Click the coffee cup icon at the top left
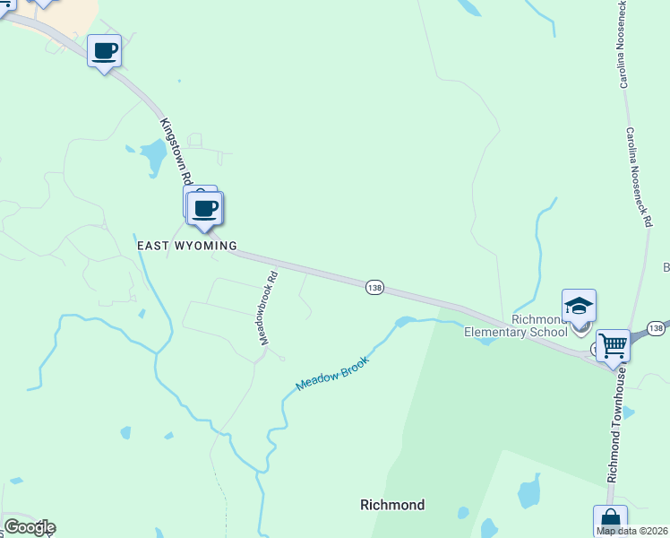click(104, 50)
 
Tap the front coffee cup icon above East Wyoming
click(206, 209)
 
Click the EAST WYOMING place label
click(186, 245)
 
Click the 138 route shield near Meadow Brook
click(374, 288)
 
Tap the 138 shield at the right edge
click(657, 329)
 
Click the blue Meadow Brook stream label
click(332, 370)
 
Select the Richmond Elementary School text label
click(515, 325)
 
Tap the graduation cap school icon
click(579, 306)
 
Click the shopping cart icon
click(613, 344)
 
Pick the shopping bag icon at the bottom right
click(610, 521)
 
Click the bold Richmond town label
click(391, 505)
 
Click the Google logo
click(30, 527)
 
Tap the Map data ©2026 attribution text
click(632, 531)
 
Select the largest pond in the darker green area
click(529, 492)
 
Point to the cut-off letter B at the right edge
click(666, 267)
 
